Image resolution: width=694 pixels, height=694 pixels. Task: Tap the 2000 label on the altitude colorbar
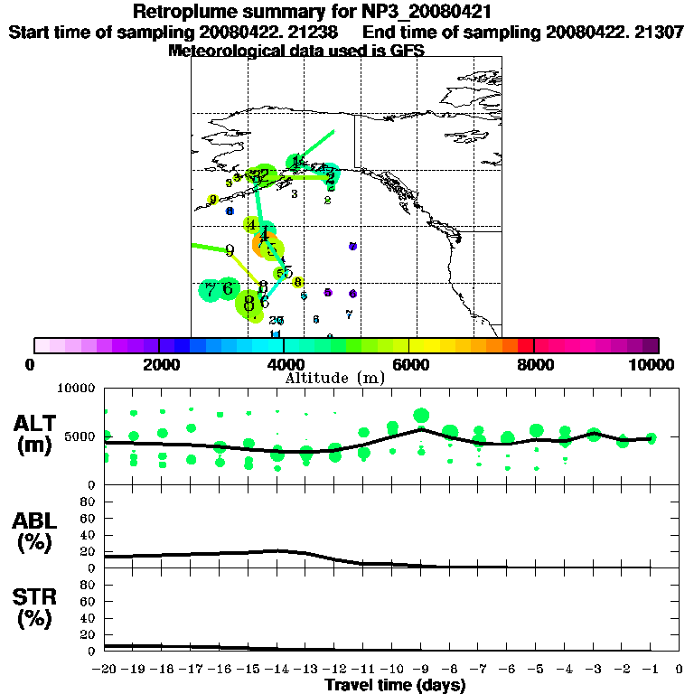click(158, 364)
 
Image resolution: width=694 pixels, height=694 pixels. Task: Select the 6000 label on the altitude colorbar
click(409, 364)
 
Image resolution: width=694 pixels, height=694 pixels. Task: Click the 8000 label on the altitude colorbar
click(534, 364)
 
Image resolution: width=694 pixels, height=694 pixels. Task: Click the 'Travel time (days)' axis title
click(395, 686)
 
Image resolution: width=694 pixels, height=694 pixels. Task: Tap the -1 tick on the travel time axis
click(651, 670)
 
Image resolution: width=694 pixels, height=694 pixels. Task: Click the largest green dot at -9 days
click(421, 416)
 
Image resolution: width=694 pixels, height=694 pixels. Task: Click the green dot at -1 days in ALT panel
click(651, 437)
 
